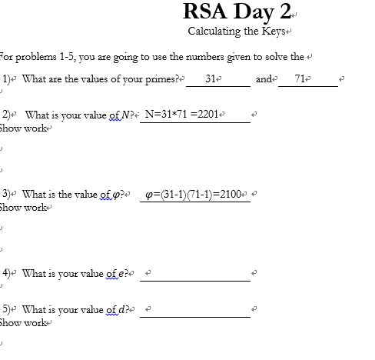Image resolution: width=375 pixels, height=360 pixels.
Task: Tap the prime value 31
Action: [x=213, y=79]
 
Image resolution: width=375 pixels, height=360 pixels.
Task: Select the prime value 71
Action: [x=298, y=79]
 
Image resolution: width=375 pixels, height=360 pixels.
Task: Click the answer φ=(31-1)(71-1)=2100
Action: [x=193, y=193]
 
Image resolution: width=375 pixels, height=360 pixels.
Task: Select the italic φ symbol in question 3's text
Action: [x=116, y=194]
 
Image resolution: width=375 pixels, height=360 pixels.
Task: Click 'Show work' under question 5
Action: [x=23, y=323]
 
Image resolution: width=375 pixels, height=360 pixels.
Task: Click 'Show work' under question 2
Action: [x=23, y=128]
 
